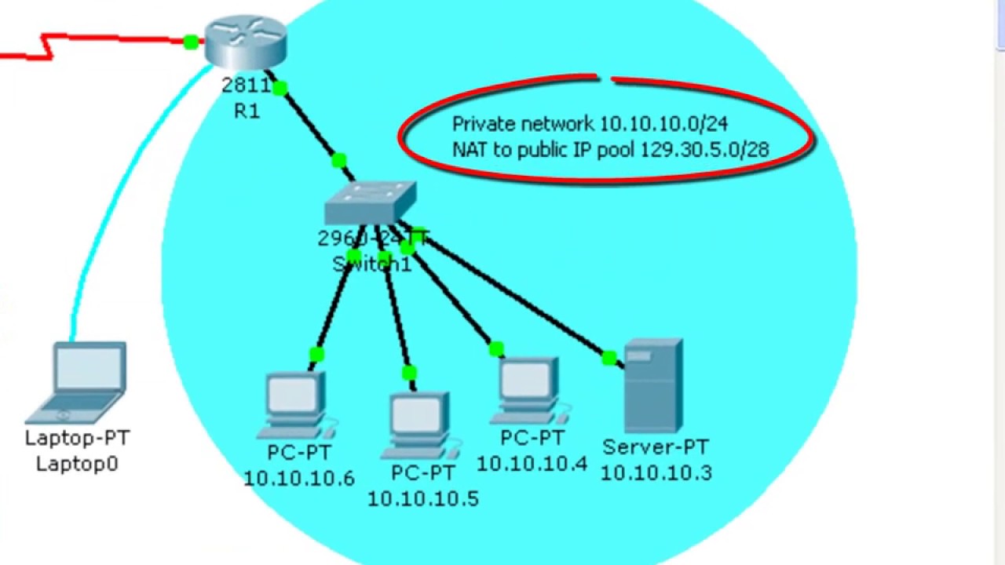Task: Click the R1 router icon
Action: click(245, 43)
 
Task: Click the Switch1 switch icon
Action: click(370, 204)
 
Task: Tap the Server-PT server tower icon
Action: click(652, 385)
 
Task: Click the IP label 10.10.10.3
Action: click(656, 472)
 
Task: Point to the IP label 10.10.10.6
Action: click(299, 478)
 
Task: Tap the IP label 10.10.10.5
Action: click(423, 498)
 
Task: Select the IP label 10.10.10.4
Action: click(532, 464)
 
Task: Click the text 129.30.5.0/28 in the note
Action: click(704, 149)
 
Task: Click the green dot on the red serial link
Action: click(190, 42)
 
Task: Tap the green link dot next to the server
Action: click(608, 359)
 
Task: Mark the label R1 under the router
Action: click(247, 111)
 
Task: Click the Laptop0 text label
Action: click(77, 464)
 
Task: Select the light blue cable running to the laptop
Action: click(110, 196)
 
